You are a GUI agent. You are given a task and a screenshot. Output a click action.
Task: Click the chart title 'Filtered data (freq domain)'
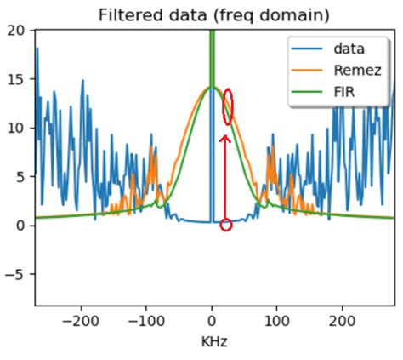(213, 14)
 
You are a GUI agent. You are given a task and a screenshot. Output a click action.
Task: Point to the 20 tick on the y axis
(19, 30)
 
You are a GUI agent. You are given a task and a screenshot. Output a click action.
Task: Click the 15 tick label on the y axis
(19, 79)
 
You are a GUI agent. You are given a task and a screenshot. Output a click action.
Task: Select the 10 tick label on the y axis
(19, 128)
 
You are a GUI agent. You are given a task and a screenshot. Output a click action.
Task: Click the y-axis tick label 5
(23, 177)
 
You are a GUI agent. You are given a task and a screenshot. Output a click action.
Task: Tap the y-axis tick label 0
(23, 226)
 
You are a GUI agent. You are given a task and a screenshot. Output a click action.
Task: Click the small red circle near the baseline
(225, 225)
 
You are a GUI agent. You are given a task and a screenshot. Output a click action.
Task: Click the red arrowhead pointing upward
(225, 139)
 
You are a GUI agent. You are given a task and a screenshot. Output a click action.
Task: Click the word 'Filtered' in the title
(128, 14)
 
